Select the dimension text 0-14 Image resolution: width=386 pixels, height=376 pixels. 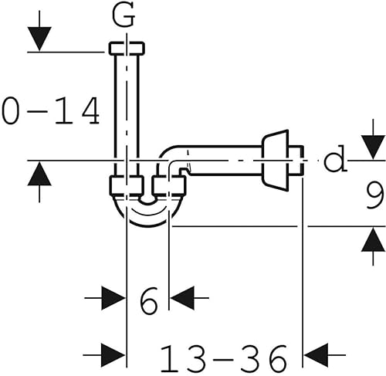51,111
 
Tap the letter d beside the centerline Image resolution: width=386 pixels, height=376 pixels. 334,161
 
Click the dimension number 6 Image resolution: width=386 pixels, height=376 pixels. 148,298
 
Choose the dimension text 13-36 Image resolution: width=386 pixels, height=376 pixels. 223,357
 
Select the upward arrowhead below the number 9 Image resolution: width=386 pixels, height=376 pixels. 373,241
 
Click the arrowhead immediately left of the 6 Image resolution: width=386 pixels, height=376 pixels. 113,298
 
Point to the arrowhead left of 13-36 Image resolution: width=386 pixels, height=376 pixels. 113,356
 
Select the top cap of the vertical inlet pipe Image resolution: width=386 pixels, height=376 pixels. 127,48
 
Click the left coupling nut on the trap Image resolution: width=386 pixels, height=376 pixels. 127,185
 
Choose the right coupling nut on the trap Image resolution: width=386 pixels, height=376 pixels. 170,185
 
